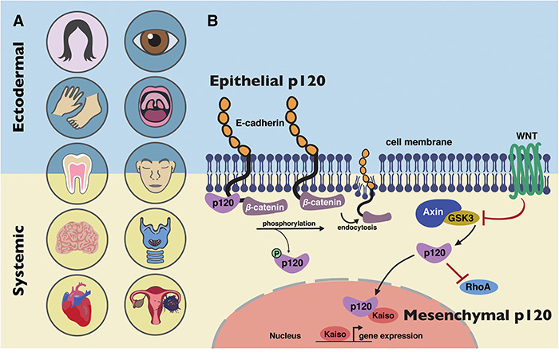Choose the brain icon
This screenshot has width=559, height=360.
pos(73,237)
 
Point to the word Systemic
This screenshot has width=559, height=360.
pos(22,260)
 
